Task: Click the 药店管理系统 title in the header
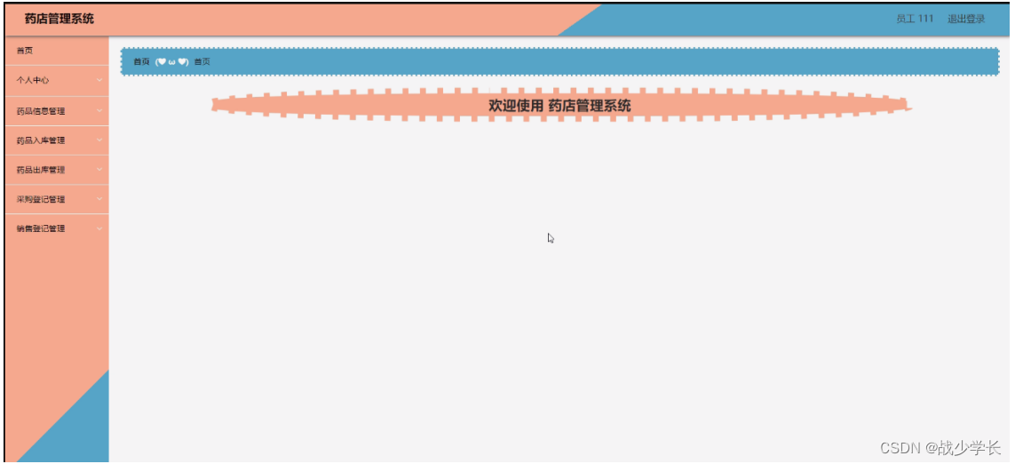[59, 19]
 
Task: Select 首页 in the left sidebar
[25, 51]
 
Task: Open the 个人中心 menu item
[33, 81]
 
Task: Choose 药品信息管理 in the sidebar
[41, 111]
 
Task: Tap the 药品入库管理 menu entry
[41, 140]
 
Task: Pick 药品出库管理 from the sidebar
[41, 170]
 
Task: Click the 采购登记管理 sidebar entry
[41, 199]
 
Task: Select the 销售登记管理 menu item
[41, 228]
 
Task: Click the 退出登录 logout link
[966, 19]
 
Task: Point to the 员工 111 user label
[915, 19]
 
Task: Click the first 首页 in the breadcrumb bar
[141, 61]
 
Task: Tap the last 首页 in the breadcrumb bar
[202, 61]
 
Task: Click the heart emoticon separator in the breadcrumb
[171, 61]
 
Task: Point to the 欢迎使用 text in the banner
[515, 106]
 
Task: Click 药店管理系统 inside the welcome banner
[590, 106]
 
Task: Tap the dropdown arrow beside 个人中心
[99, 81]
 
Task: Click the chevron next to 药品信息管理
[99, 111]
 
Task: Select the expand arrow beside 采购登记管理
[99, 199]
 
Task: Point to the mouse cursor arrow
[551, 237]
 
